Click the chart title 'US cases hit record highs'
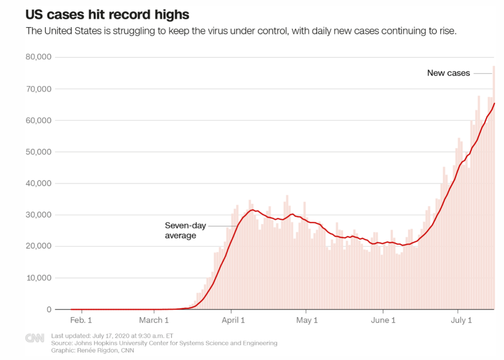coord(107,14)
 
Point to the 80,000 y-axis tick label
coord(40,57)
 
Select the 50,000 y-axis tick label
coord(40,152)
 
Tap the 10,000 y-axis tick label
coord(40,278)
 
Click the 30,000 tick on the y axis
coord(40,215)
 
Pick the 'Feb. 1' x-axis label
coord(81,320)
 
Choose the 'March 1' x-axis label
coord(154,320)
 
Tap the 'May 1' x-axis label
coord(307,320)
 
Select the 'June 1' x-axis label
coord(383,320)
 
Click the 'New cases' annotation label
coord(448,73)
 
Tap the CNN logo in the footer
coord(35,338)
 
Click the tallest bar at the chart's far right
coord(494,187)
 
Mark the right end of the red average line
coord(495,104)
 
